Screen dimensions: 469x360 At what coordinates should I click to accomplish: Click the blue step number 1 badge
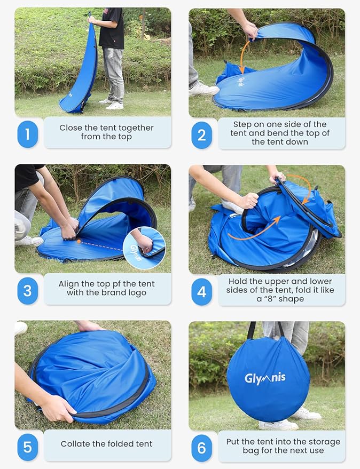[x=27, y=134]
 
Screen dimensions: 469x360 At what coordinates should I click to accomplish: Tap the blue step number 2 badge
[x=201, y=135]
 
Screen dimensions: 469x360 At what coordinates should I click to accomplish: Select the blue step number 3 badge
[x=27, y=291]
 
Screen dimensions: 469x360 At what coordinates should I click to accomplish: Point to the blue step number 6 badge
[x=201, y=448]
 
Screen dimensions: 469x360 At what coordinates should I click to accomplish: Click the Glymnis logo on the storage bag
[x=265, y=378]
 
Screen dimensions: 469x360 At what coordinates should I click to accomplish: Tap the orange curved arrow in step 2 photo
[x=242, y=56]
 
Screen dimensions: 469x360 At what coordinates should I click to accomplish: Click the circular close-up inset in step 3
[x=144, y=248]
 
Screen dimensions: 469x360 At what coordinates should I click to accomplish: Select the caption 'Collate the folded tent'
[x=106, y=444]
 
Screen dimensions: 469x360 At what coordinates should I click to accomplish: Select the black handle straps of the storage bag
[x=265, y=329]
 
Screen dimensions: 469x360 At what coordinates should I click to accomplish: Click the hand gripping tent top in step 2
[x=250, y=31]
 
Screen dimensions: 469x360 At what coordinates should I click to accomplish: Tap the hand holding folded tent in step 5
[x=56, y=408]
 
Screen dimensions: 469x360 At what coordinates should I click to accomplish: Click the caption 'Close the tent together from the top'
[x=106, y=132]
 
